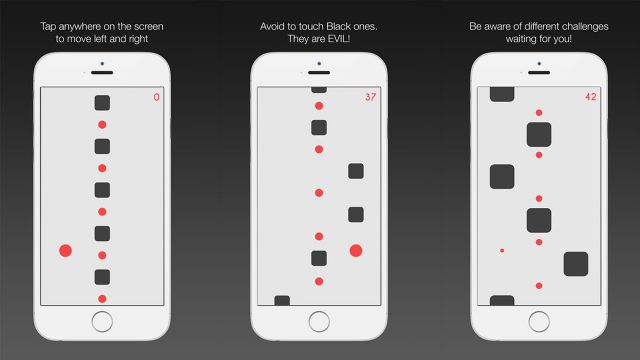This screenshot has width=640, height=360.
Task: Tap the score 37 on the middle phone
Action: [370, 97]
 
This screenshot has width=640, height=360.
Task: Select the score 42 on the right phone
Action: [590, 97]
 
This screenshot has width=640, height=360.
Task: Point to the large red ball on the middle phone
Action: [355, 251]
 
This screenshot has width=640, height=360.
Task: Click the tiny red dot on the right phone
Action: [502, 250]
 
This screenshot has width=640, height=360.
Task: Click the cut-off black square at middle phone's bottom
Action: [282, 300]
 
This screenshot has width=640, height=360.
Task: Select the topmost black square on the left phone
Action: [102, 102]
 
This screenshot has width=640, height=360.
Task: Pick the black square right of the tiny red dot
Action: [575, 264]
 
